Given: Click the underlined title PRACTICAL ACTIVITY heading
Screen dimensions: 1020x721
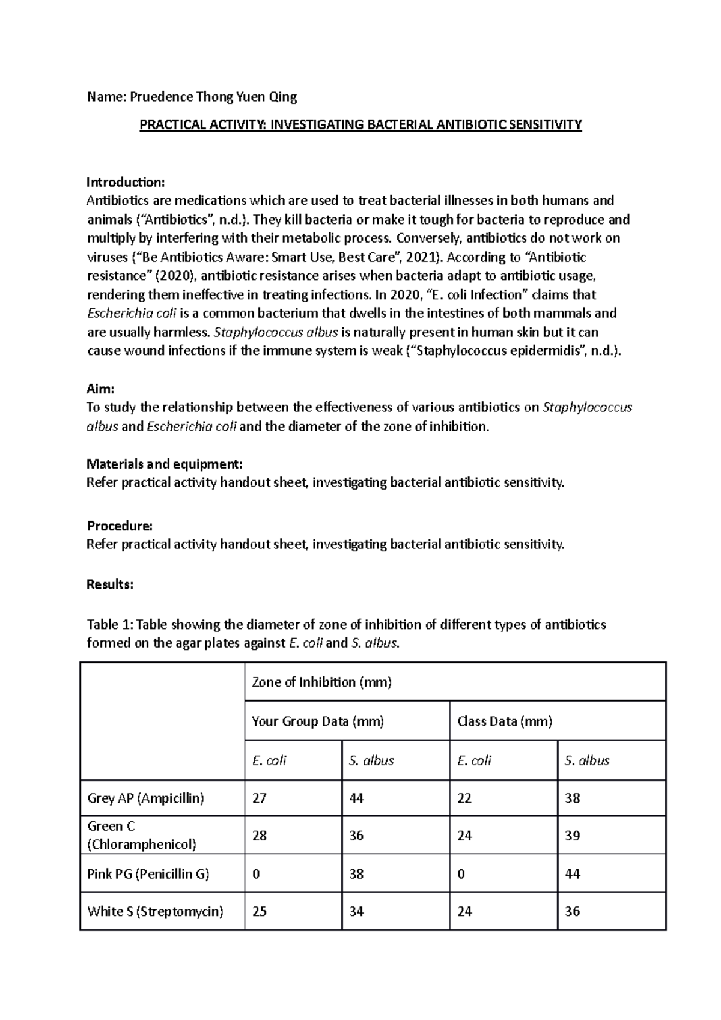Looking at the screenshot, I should [x=360, y=125].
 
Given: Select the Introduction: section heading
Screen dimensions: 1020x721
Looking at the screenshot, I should [x=125, y=182].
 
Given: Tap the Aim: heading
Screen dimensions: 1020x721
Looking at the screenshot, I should [x=100, y=389].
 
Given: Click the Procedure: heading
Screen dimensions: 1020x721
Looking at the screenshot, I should [x=120, y=526].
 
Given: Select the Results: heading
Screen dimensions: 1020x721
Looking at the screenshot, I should [x=110, y=584].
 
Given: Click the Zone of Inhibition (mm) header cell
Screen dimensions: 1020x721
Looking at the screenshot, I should [x=321, y=682].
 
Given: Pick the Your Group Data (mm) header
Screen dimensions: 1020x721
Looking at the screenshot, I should [x=317, y=721].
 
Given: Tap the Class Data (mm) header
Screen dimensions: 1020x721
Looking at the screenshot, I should [x=504, y=721].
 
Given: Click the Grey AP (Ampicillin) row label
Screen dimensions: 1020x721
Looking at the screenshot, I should [x=145, y=798].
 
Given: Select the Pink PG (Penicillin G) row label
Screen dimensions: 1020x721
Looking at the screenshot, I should [x=148, y=873].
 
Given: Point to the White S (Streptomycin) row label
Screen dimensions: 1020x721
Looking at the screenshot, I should [x=155, y=911].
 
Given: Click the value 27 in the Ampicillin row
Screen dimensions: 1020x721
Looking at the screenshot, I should [x=259, y=798].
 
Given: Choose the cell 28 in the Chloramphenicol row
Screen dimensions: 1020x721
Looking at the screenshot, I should [x=259, y=836].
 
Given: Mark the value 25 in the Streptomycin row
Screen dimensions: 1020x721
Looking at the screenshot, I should [x=259, y=911].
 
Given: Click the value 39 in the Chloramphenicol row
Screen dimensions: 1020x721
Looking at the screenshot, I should [x=572, y=836].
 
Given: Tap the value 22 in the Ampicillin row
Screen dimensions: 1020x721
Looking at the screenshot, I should [x=464, y=798].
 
